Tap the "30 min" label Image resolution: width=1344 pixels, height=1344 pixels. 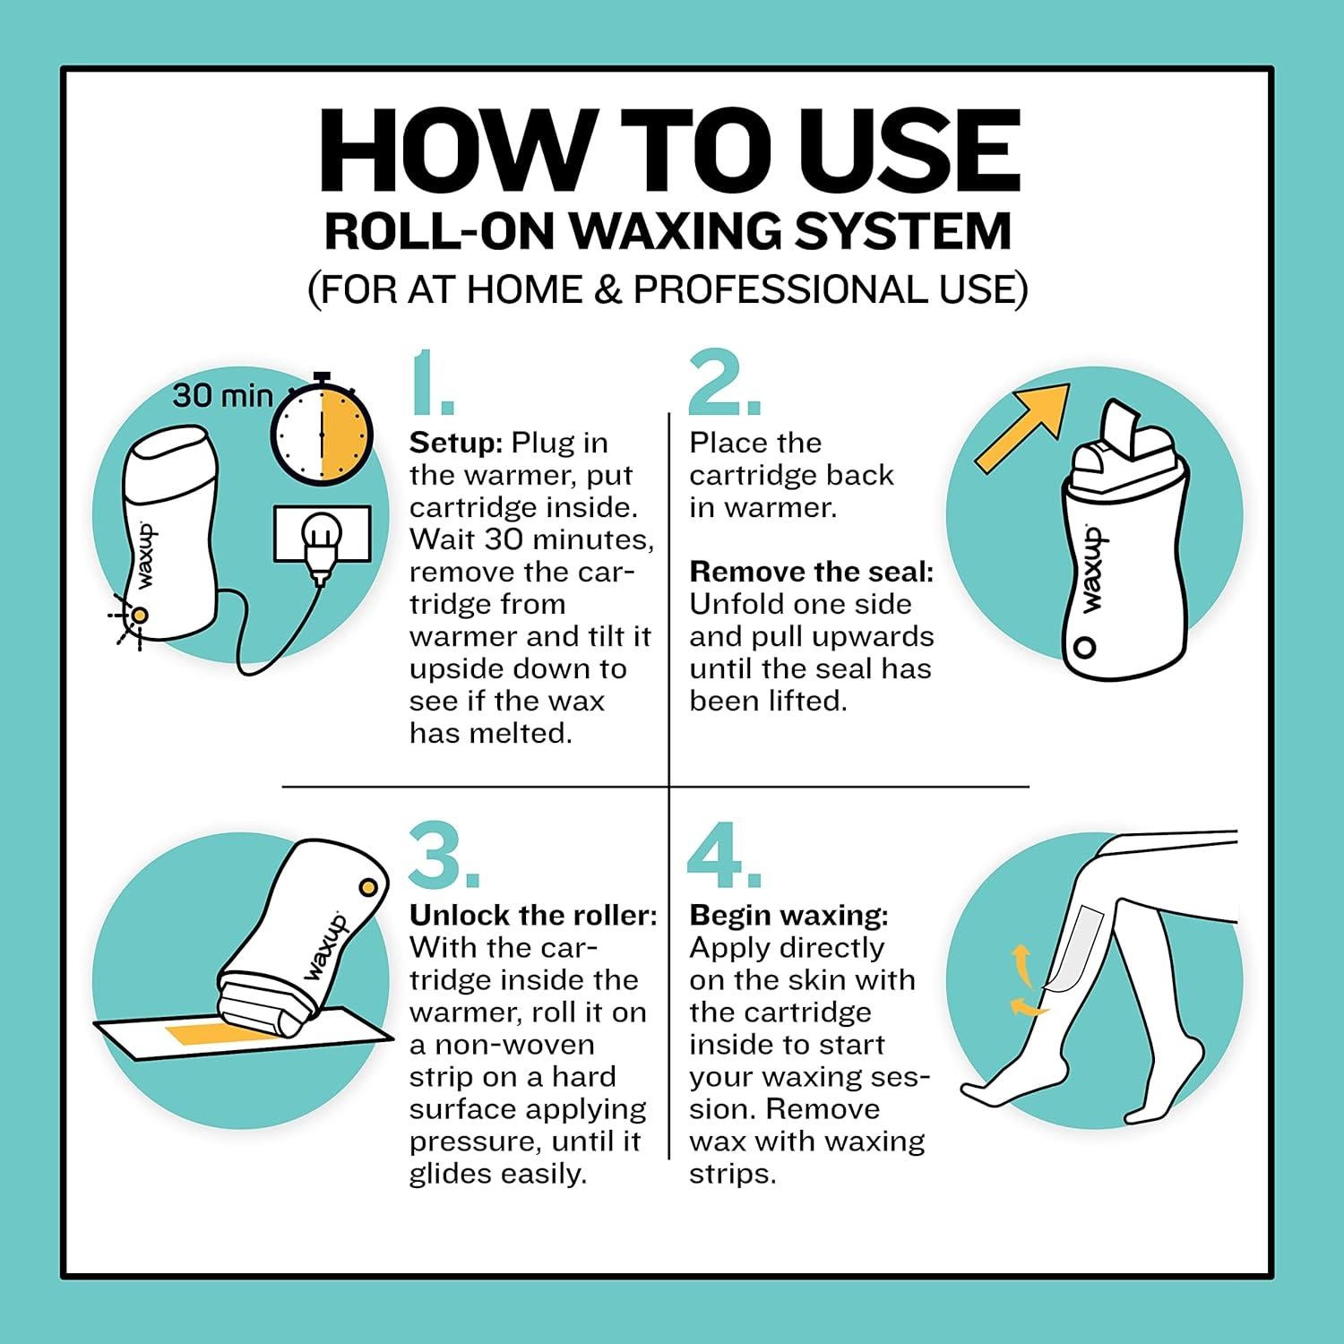coord(223,394)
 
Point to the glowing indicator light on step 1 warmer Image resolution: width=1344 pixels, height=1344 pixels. coord(140,615)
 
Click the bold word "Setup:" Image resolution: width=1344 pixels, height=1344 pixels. coord(456,444)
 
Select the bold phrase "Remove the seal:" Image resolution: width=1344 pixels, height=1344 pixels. coord(812,572)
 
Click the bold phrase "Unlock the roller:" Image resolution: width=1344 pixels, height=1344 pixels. coord(534,915)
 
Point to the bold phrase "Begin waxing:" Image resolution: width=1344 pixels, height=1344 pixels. coord(789,917)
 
